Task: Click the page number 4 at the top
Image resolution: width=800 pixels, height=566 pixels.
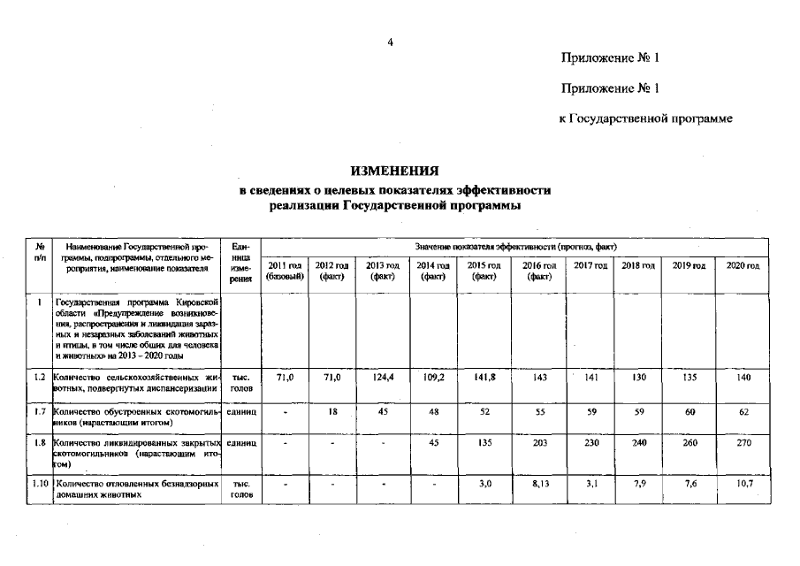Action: [x=390, y=41]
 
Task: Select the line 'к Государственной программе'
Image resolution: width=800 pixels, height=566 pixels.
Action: [x=646, y=119]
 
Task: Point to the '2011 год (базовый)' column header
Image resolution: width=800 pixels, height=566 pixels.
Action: [x=285, y=272]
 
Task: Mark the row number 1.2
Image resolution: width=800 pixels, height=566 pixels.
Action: [x=40, y=378]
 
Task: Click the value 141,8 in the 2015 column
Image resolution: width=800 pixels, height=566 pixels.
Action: [x=482, y=378]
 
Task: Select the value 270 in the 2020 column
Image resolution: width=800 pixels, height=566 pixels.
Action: [x=742, y=444]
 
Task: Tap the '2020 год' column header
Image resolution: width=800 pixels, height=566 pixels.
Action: [x=742, y=266]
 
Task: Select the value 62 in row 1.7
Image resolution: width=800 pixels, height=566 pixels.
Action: [x=742, y=411]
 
